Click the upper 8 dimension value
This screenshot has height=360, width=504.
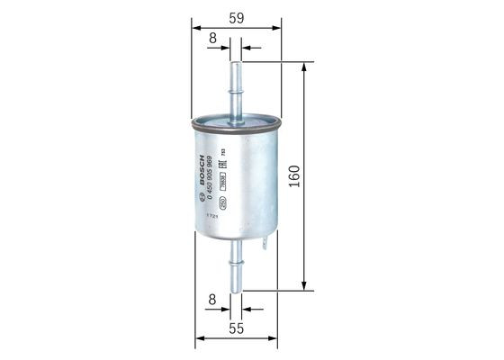click(212, 38)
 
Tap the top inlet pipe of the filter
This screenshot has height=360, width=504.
click(237, 85)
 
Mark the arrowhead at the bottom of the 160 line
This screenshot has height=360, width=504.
click(306, 286)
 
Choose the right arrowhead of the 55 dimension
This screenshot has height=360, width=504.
click(274, 338)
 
